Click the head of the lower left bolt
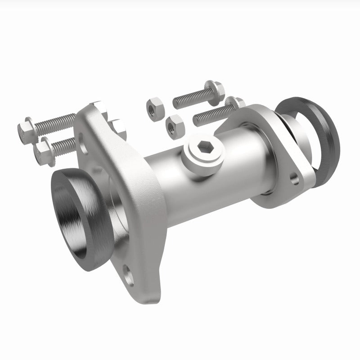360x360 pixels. click(x=44, y=151)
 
